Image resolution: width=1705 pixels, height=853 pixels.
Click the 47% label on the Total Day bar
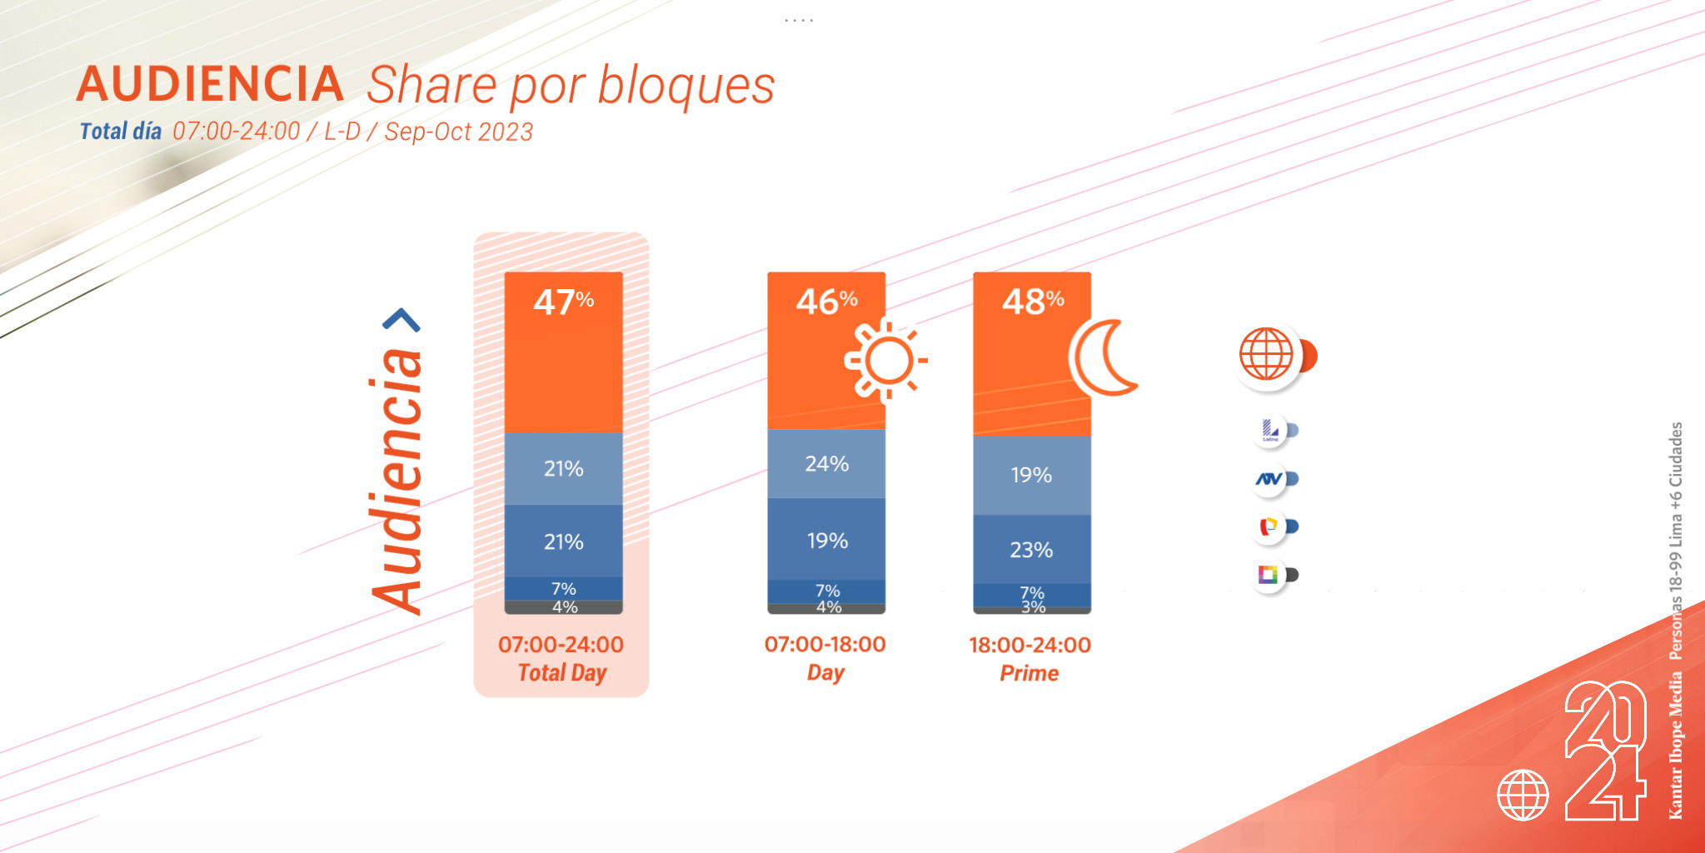tap(563, 302)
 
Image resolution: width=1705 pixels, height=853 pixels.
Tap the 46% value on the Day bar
tap(826, 301)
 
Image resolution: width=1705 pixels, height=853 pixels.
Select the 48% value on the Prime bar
tap(1032, 301)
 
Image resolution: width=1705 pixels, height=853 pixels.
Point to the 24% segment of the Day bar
tap(826, 463)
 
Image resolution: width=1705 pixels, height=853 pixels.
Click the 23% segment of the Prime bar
tap(1031, 550)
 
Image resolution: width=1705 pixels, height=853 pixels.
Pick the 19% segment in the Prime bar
tap(1031, 475)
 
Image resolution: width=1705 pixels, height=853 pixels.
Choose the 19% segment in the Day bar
tap(826, 541)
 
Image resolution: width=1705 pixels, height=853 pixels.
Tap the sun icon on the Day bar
tap(885, 360)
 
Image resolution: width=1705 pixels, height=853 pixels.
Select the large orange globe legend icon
tap(1267, 354)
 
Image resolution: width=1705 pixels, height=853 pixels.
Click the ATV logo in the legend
tap(1269, 479)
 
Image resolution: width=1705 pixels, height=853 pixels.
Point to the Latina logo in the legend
tap(1270, 430)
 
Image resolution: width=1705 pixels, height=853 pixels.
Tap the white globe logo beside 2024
tap(1523, 795)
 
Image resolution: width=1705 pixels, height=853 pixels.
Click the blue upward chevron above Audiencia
tap(401, 320)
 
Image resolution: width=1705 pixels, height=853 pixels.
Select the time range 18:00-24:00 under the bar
tap(1029, 645)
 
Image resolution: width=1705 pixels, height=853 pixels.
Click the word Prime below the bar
tap(1029, 673)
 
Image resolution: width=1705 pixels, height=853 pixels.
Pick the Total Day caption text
tap(561, 672)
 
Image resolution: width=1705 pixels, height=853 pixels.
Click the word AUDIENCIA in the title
tap(211, 84)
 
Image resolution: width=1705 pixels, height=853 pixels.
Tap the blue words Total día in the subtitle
tap(121, 132)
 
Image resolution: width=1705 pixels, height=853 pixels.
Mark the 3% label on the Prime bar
tap(1033, 607)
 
